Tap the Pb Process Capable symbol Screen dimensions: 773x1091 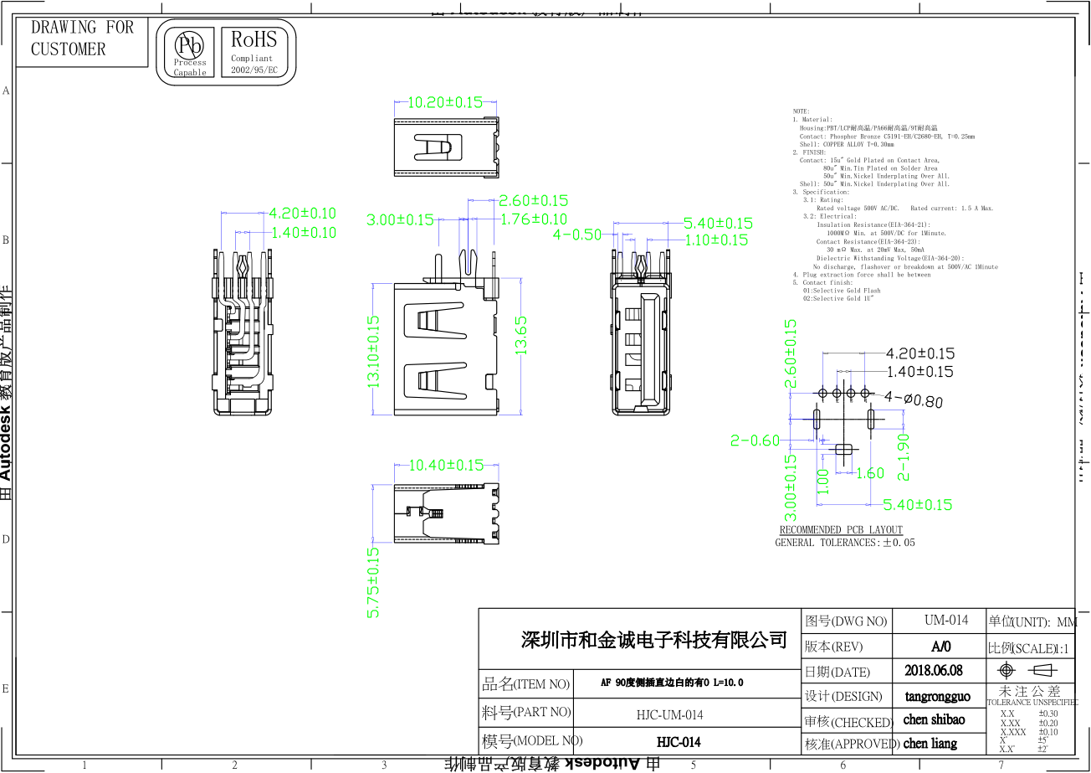point(190,52)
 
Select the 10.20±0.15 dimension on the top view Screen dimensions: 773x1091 point(445,102)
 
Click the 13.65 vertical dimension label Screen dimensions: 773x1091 point(521,335)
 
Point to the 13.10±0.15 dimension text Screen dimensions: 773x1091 point(373,352)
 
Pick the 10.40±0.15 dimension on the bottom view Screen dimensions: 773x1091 point(446,465)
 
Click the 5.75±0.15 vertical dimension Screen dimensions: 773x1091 point(373,583)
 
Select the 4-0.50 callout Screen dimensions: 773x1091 point(577,234)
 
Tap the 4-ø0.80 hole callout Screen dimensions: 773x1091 point(913,400)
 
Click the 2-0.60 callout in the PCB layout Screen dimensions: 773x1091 point(755,441)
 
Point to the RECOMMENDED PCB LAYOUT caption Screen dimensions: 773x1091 point(841,529)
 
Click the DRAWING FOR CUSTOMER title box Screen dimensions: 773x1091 point(81,39)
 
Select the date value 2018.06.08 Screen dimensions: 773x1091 point(934,671)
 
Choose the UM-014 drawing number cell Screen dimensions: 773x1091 point(946,621)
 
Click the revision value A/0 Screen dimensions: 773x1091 point(941,647)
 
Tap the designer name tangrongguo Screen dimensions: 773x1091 point(938,696)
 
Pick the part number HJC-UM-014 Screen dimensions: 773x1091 point(669,714)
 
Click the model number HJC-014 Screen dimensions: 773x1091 point(678,742)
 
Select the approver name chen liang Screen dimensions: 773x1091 point(930,744)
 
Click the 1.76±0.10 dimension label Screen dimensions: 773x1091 point(533,219)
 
